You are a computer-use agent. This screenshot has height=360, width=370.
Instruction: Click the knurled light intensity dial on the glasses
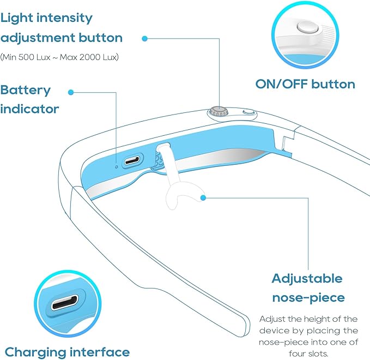219,111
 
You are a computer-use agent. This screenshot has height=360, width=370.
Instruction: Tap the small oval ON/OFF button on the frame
248,112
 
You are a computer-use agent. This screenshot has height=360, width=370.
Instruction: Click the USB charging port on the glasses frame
132,161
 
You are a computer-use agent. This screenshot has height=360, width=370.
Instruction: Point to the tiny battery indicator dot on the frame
116,167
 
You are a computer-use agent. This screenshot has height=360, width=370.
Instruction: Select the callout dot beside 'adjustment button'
144,39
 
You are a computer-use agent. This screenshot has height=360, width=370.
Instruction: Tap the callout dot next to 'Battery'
70,92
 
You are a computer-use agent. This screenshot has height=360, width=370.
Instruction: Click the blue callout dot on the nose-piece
203,197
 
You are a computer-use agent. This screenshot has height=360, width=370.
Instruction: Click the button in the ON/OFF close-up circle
307,27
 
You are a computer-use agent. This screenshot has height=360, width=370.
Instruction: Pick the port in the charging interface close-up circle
65,302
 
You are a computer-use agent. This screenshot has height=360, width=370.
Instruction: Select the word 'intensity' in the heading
64,17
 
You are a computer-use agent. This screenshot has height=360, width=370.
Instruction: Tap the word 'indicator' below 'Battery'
29,109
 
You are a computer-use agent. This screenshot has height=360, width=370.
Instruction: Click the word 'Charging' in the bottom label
35,353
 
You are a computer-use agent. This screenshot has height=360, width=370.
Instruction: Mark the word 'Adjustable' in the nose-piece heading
307,279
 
